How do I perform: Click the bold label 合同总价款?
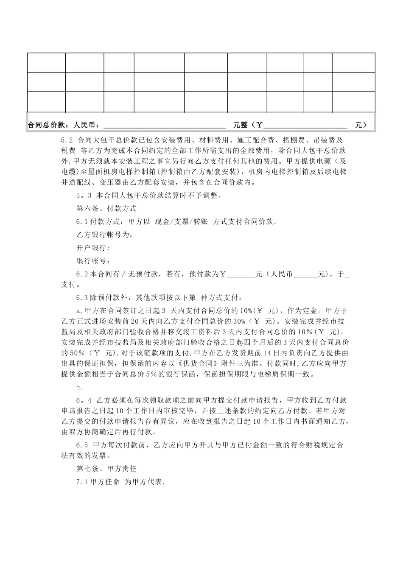pos(45,125)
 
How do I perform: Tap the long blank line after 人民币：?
pos(164,126)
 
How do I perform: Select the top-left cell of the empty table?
pos(46,63)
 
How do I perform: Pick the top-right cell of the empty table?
pos(353,63)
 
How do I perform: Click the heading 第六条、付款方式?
pos(106,209)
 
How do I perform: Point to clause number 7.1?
pos(81,482)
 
